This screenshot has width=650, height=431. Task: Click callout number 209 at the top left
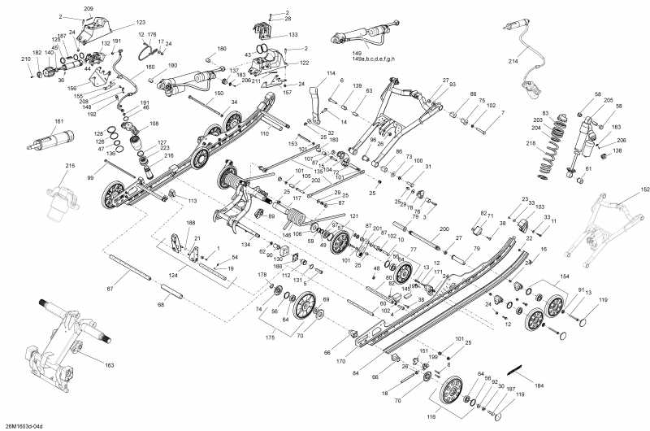[x=89, y=8]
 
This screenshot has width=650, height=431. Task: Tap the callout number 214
[x=513, y=62]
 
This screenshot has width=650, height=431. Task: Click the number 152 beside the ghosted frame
[x=645, y=189]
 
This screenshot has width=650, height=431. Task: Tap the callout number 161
[x=58, y=122]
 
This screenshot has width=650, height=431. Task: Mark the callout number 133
[x=292, y=36]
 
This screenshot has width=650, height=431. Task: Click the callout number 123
[x=141, y=23]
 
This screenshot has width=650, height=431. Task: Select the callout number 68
[x=160, y=305]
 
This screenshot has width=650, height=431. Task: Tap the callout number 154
[x=542, y=277]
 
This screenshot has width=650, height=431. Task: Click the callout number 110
[x=264, y=133]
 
